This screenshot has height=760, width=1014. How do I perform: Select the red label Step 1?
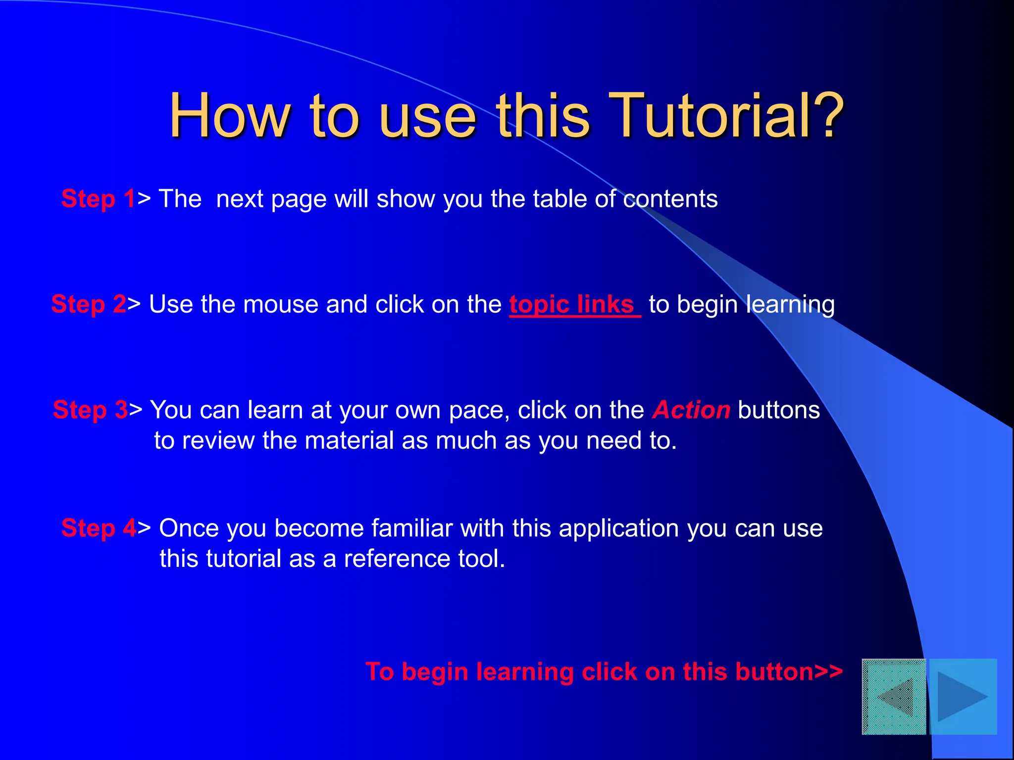point(98,199)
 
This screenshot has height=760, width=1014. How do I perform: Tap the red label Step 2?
point(89,304)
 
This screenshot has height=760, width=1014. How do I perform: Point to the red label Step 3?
point(91,410)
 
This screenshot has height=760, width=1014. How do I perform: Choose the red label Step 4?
point(99,528)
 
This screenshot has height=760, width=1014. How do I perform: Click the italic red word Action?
point(691,410)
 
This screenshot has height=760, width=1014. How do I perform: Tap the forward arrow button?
point(963,696)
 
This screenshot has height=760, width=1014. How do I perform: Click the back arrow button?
point(894,696)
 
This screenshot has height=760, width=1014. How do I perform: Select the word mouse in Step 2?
point(281,304)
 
